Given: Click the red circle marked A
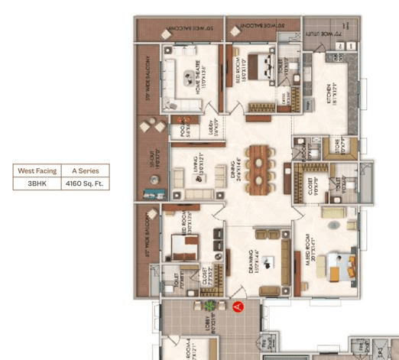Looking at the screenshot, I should coord(238,307).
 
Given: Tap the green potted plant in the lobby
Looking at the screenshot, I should coord(206,306).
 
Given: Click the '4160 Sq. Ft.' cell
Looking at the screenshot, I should coord(86,183).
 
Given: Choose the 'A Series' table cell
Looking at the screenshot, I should coord(86,171).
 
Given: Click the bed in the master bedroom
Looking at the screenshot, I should coord(341,267).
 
